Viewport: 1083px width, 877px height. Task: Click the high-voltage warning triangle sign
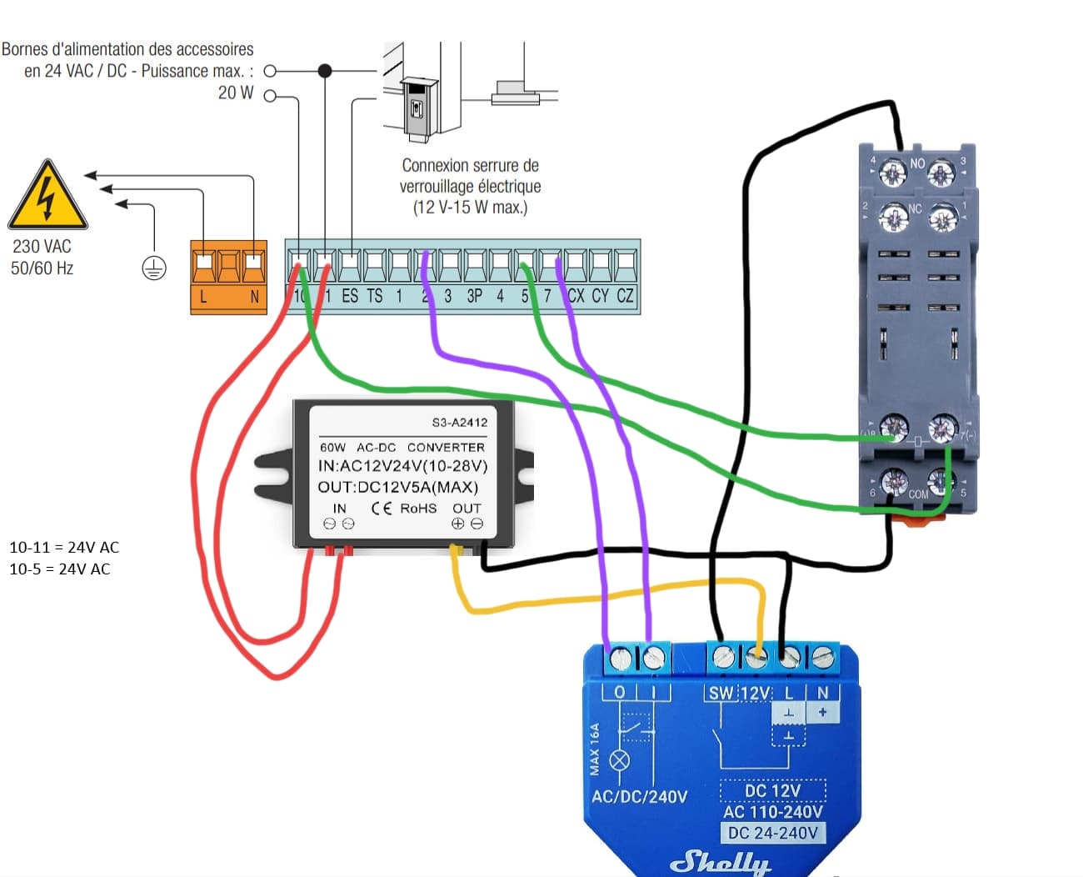pyautogui.click(x=47, y=197)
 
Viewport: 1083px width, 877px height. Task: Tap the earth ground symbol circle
pyautogui.click(x=154, y=268)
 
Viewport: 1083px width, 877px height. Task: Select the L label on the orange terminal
pyautogui.click(x=203, y=296)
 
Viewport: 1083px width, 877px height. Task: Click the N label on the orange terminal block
pyautogui.click(x=254, y=296)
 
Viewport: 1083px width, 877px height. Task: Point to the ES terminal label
pyautogui.click(x=350, y=296)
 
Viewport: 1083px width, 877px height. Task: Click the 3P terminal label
pyautogui.click(x=474, y=296)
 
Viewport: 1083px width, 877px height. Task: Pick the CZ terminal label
pyautogui.click(x=626, y=296)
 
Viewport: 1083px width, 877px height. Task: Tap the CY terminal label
pyautogui.click(x=601, y=296)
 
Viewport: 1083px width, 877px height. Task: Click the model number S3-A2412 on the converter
pyautogui.click(x=459, y=423)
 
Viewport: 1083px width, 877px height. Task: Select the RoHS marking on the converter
pyautogui.click(x=418, y=509)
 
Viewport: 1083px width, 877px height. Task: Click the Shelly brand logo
pyautogui.click(x=721, y=861)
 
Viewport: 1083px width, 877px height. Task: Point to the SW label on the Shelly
pyautogui.click(x=721, y=693)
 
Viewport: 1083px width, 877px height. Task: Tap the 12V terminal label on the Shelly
pyautogui.click(x=756, y=693)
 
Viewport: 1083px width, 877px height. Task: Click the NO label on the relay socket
pyautogui.click(x=917, y=163)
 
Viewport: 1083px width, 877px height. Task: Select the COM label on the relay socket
pyautogui.click(x=918, y=494)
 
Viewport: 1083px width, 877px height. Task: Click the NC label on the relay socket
pyautogui.click(x=915, y=208)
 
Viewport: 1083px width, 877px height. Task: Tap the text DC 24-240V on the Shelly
pyautogui.click(x=773, y=833)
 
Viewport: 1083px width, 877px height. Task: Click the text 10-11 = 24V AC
pyautogui.click(x=64, y=548)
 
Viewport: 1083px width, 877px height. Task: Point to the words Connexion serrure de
pyautogui.click(x=470, y=165)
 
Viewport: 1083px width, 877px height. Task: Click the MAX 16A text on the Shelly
pyautogui.click(x=595, y=749)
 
